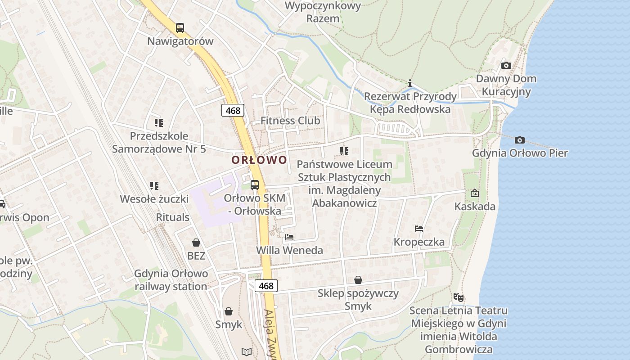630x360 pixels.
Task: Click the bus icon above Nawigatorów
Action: pos(180,27)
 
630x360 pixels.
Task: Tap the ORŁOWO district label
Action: pos(259,160)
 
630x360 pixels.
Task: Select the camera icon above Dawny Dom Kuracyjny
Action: pos(506,65)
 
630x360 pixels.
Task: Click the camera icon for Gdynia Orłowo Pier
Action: pos(520,140)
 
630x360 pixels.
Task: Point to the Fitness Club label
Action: pos(290,121)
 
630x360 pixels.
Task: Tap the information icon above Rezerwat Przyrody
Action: pos(409,83)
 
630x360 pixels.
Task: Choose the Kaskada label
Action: pos(475,207)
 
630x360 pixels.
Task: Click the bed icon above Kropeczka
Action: pos(419,229)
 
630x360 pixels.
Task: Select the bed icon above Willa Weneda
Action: pos(289,237)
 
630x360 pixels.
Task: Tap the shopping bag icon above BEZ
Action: pos(196,243)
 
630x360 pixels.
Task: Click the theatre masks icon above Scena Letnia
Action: pos(459,297)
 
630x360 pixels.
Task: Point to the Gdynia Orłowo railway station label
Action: pos(171,280)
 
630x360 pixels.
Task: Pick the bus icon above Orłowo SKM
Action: pos(255,184)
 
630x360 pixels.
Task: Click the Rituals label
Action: pos(173,217)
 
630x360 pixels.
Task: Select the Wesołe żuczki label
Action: pos(154,198)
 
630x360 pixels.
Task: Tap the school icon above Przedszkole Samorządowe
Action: pos(158,122)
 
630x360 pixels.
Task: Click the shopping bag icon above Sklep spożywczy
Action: pos(358,280)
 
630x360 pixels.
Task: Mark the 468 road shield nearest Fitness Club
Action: pos(233,110)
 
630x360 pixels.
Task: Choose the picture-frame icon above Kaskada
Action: pos(474,193)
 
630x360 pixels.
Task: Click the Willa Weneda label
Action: pos(289,250)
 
